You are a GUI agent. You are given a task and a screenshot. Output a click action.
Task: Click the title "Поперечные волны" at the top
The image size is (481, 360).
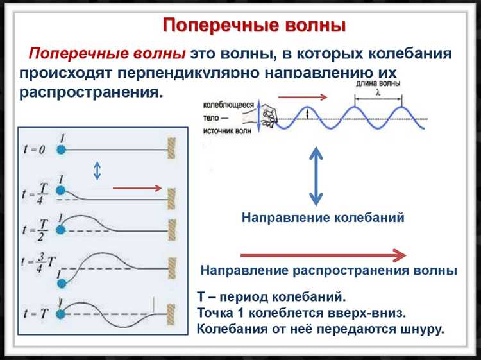[x=254, y=25]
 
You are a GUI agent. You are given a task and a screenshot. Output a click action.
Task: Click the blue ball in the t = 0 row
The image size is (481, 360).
[x=62, y=149]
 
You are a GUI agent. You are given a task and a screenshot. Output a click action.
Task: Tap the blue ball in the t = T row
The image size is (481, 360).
[x=62, y=313]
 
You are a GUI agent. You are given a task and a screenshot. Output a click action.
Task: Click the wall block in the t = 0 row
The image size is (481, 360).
[x=172, y=149]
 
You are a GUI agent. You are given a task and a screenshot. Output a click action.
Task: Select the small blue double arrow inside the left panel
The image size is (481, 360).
[x=97, y=169]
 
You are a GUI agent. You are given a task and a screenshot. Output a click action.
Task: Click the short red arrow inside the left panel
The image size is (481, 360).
[x=137, y=188]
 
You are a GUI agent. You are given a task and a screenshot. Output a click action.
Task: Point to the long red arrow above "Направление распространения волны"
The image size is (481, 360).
[x=323, y=254]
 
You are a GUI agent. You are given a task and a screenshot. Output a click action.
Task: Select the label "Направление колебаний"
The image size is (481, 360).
[x=323, y=218]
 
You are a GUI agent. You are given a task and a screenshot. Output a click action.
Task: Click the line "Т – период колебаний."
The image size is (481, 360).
[x=271, y=297]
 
